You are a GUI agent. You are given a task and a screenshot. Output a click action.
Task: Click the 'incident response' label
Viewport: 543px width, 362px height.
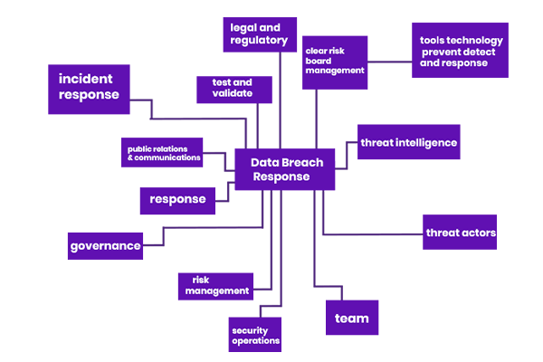point(89,86)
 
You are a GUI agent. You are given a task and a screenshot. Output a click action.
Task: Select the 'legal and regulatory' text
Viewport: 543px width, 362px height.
point(259,34)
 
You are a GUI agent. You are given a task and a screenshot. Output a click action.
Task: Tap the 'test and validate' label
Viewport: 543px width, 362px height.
point(232,87)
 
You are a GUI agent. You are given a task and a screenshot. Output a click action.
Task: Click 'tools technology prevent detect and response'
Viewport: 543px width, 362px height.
point(461,52)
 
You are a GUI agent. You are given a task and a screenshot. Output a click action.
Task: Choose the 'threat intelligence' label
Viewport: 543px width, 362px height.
point(408,143)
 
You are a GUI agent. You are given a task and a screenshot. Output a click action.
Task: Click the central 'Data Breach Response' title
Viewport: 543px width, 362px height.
point(281,170)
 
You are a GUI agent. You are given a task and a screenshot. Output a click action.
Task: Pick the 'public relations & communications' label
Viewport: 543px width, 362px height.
point(163,153)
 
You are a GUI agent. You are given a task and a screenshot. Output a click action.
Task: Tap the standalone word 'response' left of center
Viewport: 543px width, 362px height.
point(177,199)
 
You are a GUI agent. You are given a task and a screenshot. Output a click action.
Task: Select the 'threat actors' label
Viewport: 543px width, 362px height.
point(461,233)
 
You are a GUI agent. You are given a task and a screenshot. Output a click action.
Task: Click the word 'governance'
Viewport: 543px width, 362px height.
point(106,246)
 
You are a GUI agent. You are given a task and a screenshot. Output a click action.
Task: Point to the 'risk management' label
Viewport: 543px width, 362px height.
point(217,285)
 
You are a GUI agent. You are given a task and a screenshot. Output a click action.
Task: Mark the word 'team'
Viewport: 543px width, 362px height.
point(352,319)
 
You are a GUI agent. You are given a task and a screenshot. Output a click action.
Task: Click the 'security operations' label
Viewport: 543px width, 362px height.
point(255,336)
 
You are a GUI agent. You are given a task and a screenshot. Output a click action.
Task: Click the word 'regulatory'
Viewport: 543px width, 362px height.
point(259,41)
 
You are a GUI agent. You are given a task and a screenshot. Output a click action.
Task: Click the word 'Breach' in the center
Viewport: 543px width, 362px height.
point(292,163)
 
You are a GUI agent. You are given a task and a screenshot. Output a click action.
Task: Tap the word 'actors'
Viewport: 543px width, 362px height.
point(479,233)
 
